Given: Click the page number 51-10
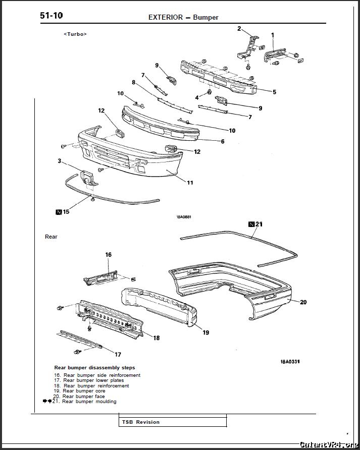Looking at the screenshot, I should point(51,16).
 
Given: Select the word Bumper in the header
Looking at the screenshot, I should point(205,17).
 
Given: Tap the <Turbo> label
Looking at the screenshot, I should point(75,34).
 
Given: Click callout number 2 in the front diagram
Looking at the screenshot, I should point(239,29).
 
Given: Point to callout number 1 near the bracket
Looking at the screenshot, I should point(273,35).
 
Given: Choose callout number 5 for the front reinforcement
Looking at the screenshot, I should point(274,92).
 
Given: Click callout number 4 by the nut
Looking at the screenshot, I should point(197,97).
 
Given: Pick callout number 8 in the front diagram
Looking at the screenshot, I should point(134,82).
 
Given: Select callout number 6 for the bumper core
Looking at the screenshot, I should point(223,141).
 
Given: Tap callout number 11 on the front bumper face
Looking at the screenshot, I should point(190,183).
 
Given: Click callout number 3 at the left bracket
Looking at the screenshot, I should point(60,161).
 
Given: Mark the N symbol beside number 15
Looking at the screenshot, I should point(59,212).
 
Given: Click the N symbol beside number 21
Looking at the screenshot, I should point(251,223).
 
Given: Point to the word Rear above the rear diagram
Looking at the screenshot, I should point(51,237).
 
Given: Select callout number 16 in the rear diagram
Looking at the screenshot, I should point(109,255).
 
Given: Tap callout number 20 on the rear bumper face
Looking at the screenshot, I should point(303,302).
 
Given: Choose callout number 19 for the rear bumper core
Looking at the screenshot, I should point(206,332).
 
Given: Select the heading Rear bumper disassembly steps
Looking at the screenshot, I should point(94,367).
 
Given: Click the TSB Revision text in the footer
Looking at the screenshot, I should point(140,422).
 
